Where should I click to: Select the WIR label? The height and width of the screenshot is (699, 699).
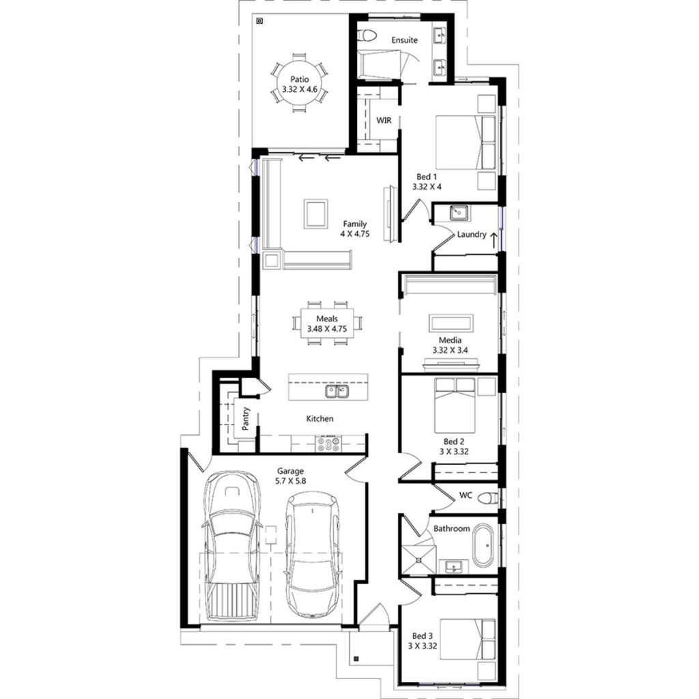click(384, 120)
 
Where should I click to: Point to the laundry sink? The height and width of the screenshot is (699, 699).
click(458, 212)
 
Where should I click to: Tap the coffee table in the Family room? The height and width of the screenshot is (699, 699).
click(315, 212)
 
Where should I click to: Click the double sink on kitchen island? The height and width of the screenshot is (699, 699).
click(337, 391)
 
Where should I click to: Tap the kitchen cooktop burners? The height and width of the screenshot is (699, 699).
click(329, 444)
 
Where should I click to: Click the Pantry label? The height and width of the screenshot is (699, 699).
click(246, 418)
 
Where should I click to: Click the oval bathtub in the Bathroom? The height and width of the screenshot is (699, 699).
click(483, 546)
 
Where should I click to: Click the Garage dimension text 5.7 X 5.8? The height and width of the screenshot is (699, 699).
click(291, 481)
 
